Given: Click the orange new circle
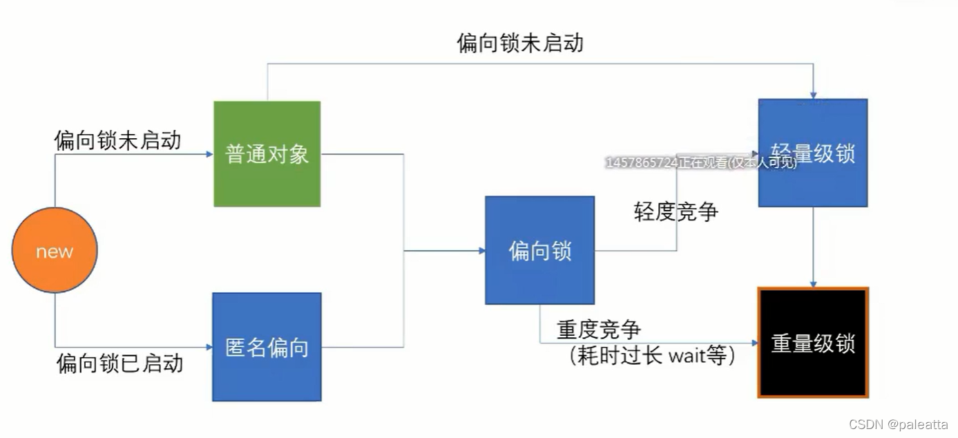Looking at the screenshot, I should point(55,251).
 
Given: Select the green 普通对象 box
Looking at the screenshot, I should point(267,153).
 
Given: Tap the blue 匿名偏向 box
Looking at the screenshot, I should point(267,347).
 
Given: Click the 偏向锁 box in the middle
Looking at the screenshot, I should point(539,250).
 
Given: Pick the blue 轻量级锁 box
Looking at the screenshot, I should point(812,153).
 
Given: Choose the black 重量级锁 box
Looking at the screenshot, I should point(812,343).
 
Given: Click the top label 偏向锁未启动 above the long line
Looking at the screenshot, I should point(520,43).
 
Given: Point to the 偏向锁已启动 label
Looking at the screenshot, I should point(119,363).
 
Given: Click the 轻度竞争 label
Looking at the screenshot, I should point(676,211).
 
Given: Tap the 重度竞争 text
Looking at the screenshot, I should point(599,330).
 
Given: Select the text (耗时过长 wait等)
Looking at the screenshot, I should point(653,356).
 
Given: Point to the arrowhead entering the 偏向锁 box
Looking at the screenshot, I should point(481,251).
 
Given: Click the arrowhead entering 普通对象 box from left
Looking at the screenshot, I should point(210,154).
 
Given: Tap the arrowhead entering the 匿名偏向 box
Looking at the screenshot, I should point(209,347).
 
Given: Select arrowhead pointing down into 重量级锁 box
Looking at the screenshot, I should point(814,283).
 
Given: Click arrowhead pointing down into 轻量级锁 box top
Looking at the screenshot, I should point(814,95).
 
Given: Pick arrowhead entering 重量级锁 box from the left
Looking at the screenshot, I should point(754,343).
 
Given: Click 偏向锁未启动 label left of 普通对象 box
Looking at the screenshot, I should point(117,140).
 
